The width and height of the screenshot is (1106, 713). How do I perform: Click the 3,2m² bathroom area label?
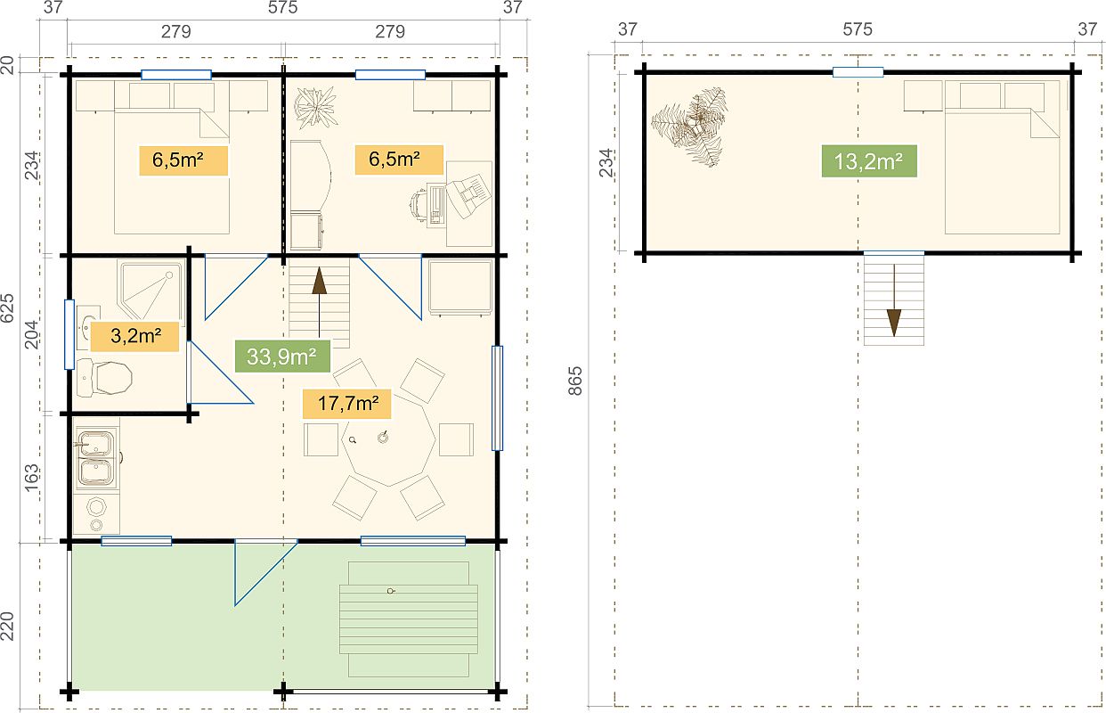click(x=134, y=337)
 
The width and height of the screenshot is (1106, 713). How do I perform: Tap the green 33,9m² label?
click(x=282, y=356)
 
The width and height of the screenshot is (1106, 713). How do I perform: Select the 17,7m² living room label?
click(x=347, y=404)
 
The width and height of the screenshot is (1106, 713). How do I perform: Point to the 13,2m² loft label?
click(x=869, y=161)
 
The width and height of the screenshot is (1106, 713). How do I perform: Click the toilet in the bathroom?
click(x=105, y=378)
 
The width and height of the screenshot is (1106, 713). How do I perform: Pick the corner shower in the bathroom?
click(x=150, y=290)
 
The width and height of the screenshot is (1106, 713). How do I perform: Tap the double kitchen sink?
click(x=96, y=457)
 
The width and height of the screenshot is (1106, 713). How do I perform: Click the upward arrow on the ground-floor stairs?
click(x=320, y=302)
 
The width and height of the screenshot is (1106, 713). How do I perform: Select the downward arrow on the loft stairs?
click(x=894, y=300)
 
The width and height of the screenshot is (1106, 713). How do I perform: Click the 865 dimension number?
click(x=575, y=381)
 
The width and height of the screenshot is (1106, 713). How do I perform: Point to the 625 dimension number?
click(x=7, y=308)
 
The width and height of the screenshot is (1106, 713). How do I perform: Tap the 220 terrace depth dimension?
click(x=7, y=626)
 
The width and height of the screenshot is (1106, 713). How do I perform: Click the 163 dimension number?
click(x=31, y=478)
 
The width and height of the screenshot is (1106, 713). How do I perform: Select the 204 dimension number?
click(x=31, y=335)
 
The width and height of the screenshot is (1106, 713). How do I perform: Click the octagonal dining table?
click(x=388, y=439)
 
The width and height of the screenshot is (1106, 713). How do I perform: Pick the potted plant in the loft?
click(x=690, y=127)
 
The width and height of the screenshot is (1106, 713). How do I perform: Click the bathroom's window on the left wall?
click(x=69, y=334)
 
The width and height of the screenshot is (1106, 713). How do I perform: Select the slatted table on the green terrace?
click(x=409, y=619)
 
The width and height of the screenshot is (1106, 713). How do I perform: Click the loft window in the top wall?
click(x=858, y=72)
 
